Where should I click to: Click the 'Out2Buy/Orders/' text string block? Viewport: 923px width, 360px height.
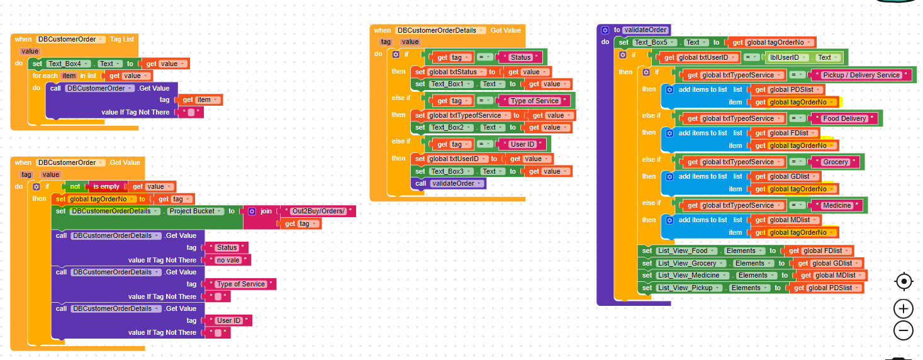[x=318, y=211]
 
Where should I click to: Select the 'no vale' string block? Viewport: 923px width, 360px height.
[x=228, y=260]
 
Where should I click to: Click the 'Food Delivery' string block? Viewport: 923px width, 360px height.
[x=844, y=118]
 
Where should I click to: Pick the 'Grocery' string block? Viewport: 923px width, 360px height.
[x=836, y=162]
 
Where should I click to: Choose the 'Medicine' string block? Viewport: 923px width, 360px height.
[x=836, y=205]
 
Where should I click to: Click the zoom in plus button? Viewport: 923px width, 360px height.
[x=903, y=308]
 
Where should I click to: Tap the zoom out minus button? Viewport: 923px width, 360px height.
[x=903, y=330]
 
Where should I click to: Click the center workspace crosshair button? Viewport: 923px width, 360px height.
[x=903, y=282]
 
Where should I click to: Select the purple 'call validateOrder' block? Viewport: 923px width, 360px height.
[x=449, y=184]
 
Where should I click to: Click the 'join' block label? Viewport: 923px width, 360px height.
[x=266, y=211]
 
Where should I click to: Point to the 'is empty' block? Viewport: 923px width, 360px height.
[x=106, y=186]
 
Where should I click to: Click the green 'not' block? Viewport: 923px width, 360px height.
[x=75, y=186]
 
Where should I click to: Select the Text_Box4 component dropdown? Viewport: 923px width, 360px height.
[x=69, y=64]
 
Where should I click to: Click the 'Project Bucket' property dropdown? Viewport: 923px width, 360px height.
[x=195, y=211]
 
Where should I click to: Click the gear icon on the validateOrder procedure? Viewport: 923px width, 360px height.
[x=605, y=30]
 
